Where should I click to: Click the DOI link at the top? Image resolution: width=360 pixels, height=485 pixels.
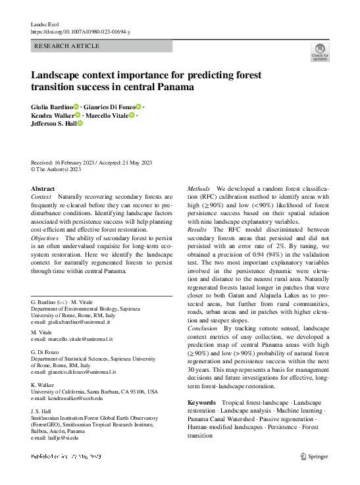point(80,31)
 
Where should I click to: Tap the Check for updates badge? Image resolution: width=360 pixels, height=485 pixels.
point(319,52)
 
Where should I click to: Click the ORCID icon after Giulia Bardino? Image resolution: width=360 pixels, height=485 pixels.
point(76,107)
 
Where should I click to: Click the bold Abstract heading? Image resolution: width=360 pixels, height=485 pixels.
point(43,188)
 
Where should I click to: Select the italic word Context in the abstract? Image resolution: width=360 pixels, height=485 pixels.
point(41,197)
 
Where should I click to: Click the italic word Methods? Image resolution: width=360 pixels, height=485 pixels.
point(199,189)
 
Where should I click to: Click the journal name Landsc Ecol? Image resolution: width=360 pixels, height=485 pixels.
point(46,24)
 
